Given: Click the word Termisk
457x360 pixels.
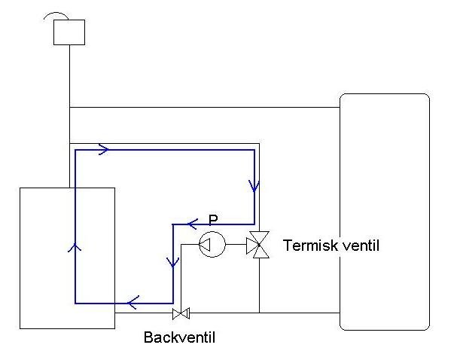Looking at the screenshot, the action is pos(310,246).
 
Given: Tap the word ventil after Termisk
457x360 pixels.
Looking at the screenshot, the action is pos(361,246).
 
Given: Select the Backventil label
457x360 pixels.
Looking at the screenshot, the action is pos(179,337).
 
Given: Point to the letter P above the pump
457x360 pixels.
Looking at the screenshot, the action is pos(213,219).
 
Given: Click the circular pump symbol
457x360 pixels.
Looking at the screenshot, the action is pos(212,232).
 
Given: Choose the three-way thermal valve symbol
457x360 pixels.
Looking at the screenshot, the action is pos(258,245).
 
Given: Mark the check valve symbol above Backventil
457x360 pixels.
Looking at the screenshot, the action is pos(181,313).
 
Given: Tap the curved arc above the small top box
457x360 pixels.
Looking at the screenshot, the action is pos(56,13).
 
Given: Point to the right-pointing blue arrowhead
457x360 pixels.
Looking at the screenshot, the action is pos(104,150).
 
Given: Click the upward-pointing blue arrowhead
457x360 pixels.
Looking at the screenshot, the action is pos(75,248).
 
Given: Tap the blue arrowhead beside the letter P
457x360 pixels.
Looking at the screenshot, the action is pos(193,224).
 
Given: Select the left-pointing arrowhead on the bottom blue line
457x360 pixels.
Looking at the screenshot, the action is pos(133,303).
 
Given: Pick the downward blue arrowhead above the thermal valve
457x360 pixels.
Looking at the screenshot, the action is pos(254,187).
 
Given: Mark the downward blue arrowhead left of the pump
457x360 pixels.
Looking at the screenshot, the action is pos(173,262).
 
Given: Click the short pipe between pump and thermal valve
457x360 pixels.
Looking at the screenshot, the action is pos(236,244).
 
